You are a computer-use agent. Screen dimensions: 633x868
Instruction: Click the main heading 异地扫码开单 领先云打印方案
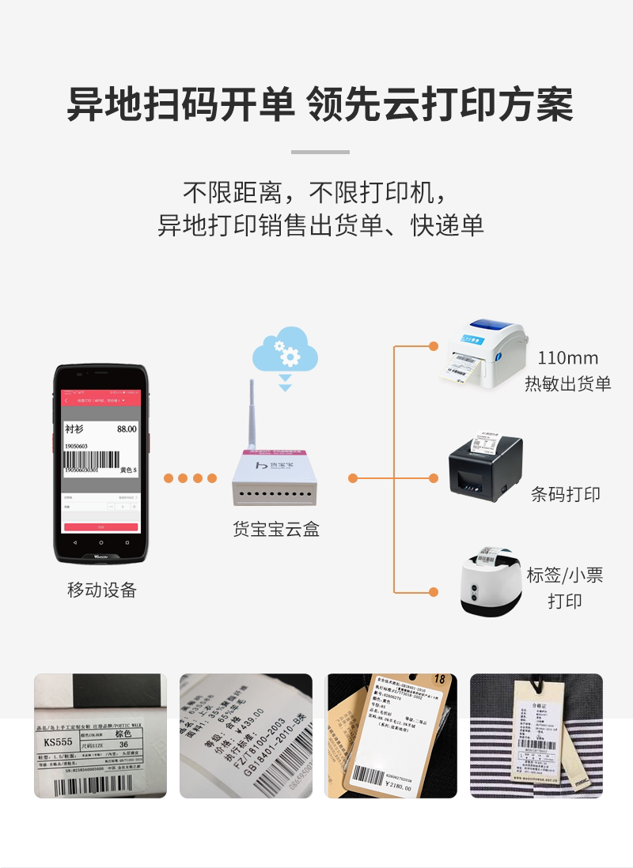[x=319, y=104]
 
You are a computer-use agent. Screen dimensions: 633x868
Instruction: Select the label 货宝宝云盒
[x=276, y=530]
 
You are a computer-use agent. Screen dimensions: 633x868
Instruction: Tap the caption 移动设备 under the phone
[x=101, y=591]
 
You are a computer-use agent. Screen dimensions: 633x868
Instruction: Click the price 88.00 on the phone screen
[x=127, y=429]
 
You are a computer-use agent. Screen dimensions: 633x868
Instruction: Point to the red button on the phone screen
[x=100, y=526]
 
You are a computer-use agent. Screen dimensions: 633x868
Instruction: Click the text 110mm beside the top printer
[x=567, y=358]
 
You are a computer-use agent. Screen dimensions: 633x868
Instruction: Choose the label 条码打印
[x=565, y=495]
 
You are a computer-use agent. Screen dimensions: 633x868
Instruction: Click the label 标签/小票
[x=565, y=575]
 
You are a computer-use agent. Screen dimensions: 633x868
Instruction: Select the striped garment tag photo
[x=536, y=735]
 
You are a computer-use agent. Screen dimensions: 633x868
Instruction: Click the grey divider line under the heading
[x=320, y=152]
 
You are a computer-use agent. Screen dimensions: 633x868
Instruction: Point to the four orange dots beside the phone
[x=190, y=478]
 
